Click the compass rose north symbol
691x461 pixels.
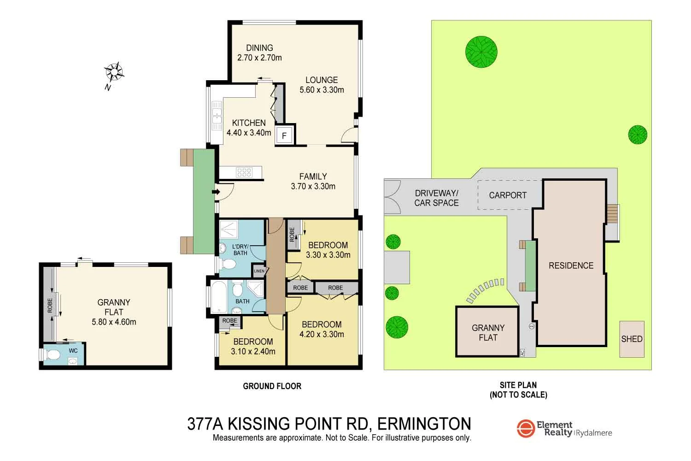click(114, 72)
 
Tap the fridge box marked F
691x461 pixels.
click(284, 136)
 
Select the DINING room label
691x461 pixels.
click(259, 48)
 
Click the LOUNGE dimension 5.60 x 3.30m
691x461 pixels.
click(322, 90)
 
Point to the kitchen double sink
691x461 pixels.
click(217, 115)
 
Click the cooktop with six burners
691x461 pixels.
click(244, 172)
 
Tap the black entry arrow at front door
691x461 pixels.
click(215, 192)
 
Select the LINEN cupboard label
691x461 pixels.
click(259, 271)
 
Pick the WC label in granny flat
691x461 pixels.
click(73, 351)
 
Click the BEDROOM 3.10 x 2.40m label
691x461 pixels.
click(253, 346)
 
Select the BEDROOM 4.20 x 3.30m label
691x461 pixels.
click(322, 329)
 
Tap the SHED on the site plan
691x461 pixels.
click(632, 339)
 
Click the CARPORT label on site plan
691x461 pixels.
click(508, 195)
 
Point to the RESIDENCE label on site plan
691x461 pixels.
click(571, 266)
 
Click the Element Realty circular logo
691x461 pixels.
click(525, 428)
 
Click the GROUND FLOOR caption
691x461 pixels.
click(272, 386)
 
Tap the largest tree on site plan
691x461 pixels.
click(481, 51)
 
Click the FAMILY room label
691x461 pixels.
click(313, 177)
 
